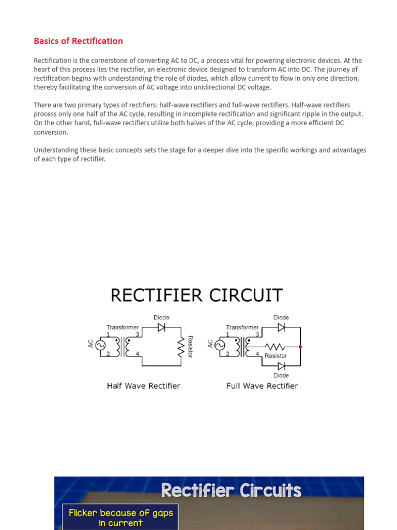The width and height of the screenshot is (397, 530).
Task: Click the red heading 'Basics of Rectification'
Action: (78, 41)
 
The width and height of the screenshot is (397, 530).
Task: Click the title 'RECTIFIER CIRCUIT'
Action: (196, 296)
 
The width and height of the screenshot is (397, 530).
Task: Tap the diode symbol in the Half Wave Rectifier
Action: (161, 327)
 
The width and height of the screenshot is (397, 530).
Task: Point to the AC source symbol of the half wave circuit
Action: (100, 345)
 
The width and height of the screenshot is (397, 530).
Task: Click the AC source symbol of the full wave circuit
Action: (220, 345)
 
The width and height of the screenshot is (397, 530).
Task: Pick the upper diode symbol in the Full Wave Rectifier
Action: (281, 327)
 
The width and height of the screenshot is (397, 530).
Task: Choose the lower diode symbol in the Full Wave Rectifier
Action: (281, 366)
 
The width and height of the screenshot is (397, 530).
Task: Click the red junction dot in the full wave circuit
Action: (300, 347)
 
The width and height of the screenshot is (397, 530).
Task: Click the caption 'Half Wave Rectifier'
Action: (143, 386)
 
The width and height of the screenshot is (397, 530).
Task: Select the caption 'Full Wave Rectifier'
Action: (262, 386)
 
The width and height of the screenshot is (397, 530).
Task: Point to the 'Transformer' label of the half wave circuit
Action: (123, 327)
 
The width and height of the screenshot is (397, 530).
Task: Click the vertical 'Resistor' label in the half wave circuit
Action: (190, 346)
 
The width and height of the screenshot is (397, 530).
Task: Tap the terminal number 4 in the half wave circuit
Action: (138, 354)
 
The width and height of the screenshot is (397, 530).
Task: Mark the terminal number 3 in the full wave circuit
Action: (257, 334)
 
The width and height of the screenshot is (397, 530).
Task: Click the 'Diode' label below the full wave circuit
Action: (281, 375)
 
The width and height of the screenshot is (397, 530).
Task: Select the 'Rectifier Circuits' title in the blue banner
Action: (231, 490)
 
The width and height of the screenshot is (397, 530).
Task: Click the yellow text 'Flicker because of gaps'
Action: (120, 513)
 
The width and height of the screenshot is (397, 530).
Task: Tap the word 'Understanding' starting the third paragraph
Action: (56, 150)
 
